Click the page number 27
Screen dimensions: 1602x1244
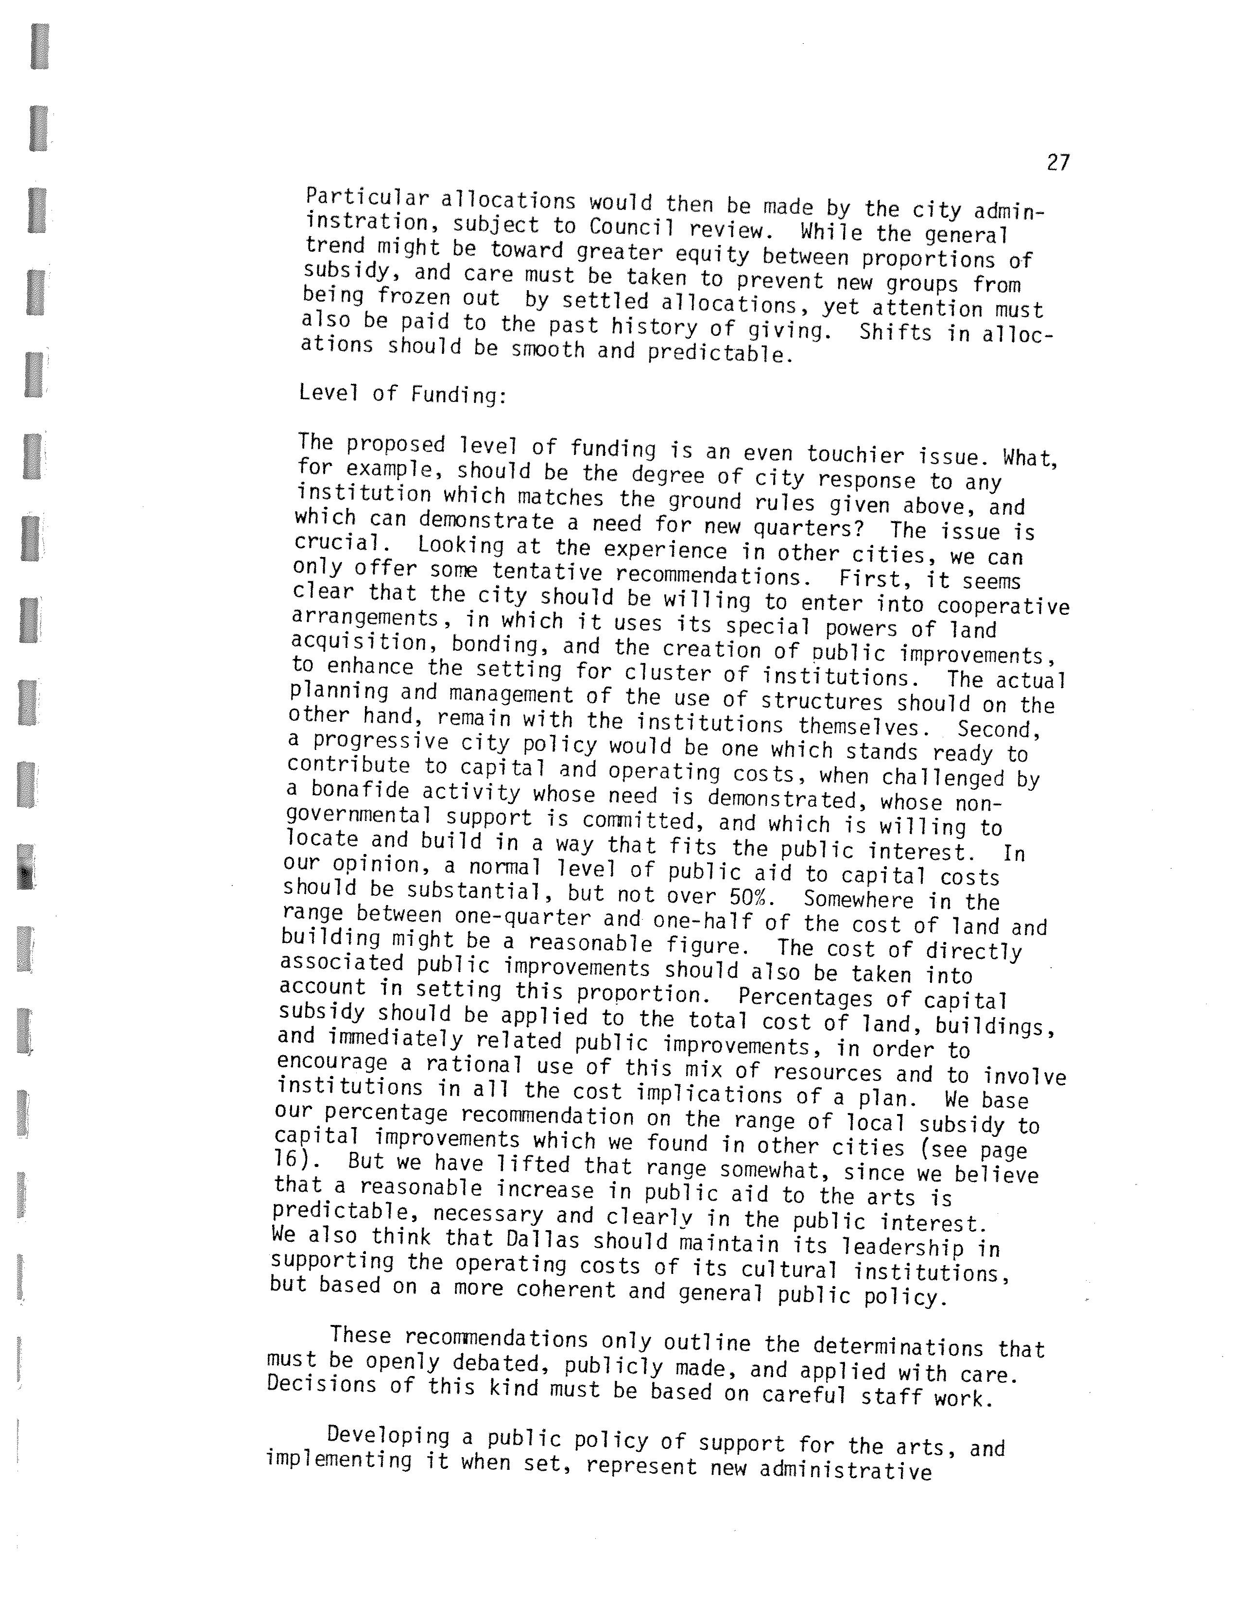(1058, 163)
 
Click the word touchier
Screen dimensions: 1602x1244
(855, 455)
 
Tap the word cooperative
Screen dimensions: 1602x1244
(1002, 607)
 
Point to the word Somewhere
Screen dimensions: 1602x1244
(858, 899)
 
